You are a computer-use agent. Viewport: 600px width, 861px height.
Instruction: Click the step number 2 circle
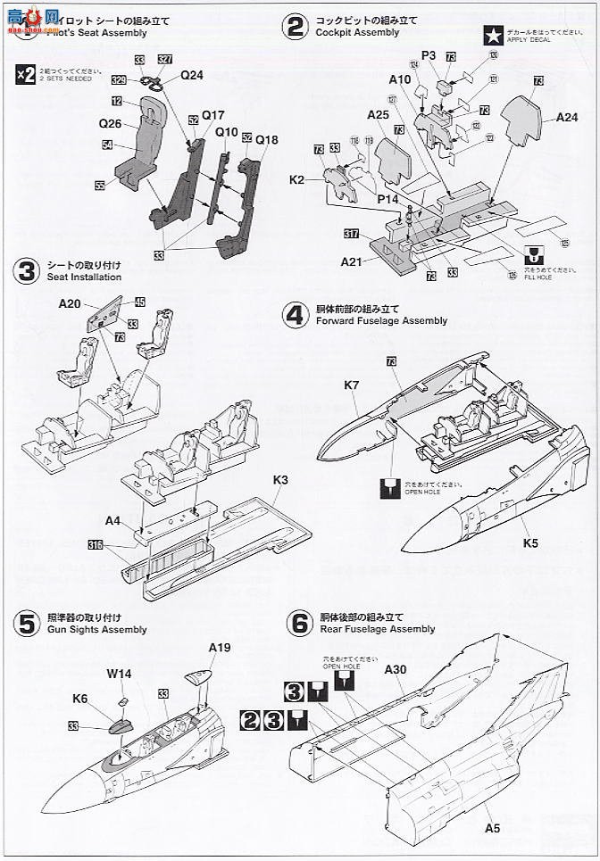295,28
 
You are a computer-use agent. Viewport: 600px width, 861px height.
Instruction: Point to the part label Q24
192,75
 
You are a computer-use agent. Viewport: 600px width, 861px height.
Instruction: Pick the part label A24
567,117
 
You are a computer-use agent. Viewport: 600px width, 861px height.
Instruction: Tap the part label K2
297,181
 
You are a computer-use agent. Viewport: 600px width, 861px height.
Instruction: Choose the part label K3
281,480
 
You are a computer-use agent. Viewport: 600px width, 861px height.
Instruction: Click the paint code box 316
96,543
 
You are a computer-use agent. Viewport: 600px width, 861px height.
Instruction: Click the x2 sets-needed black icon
27,75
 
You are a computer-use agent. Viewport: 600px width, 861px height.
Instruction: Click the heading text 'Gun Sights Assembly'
97,629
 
